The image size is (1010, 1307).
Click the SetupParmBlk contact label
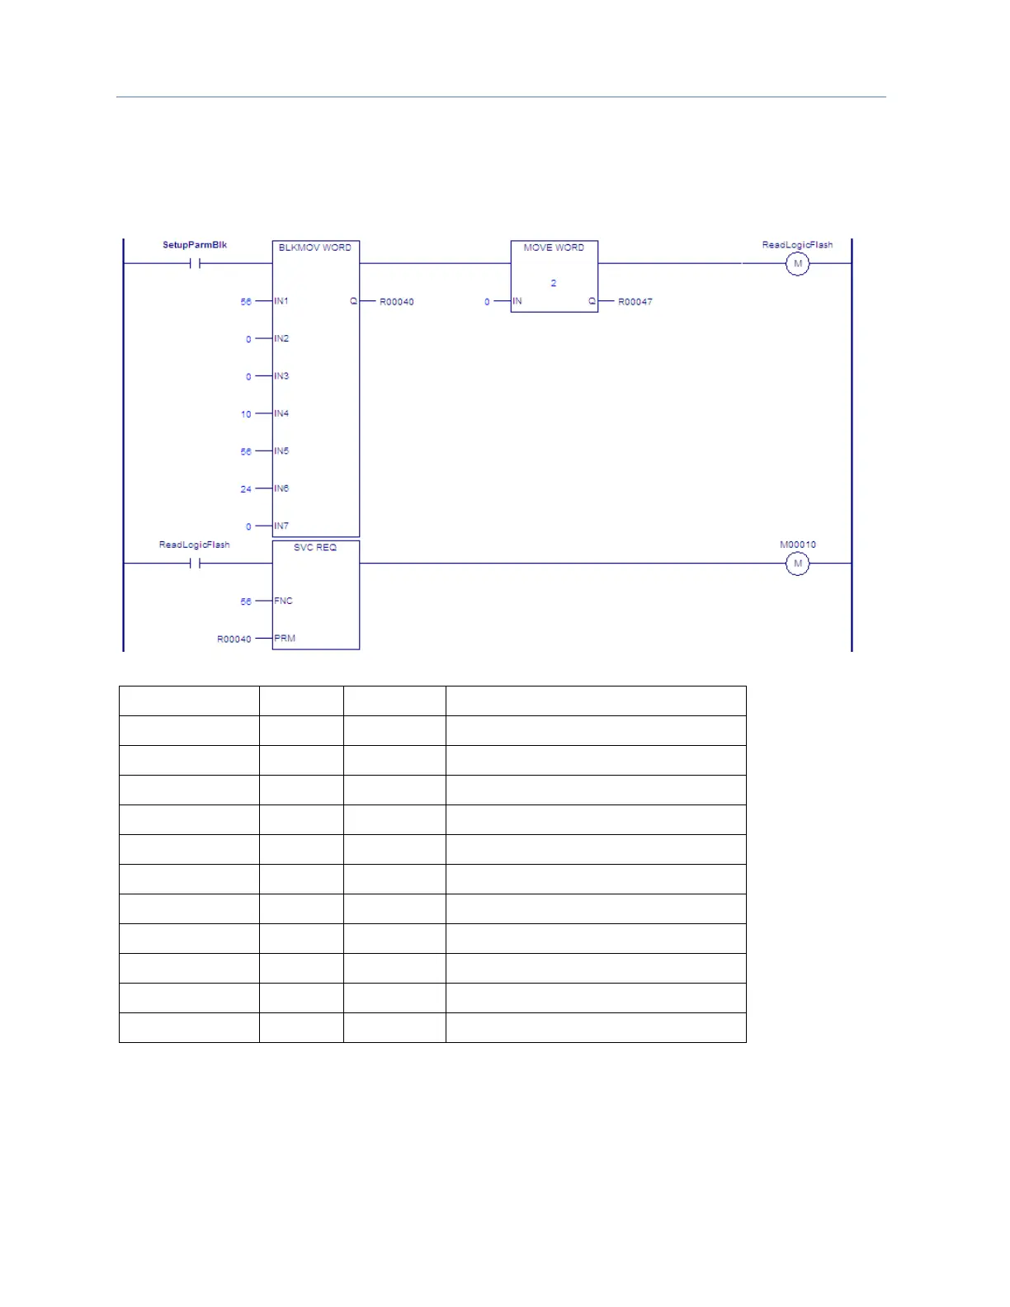(x=195, y=245)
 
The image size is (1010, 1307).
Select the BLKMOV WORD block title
(x=315, y=248)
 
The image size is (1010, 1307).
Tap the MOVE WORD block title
(x=554, y=248)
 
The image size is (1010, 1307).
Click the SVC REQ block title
(x=315, y=548)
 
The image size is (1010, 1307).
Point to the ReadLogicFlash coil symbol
(x=797, y=264)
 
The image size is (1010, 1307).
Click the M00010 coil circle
(x=797, y=564)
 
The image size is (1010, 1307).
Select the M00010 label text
(x=797, y=545)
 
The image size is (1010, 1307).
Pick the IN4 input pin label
(x=281, y=413)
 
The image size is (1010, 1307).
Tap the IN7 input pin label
(x=281, y=526)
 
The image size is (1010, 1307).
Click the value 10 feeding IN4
(x=246, y=414)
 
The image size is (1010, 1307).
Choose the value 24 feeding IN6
(x=246, y=489)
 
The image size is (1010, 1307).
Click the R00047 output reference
(x=635, y=302)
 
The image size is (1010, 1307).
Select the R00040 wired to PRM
(x=234, y=639)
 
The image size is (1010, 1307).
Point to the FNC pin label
(x=283, y=601)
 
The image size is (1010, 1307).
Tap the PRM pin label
(x=285, y=639)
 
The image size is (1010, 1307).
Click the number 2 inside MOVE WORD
(x=554, y=283)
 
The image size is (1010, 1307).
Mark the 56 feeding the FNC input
(x=246, y=602)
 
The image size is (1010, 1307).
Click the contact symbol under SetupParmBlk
(x=195, y=264)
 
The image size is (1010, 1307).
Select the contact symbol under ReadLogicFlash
(x=195, y=564)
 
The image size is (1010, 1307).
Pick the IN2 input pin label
(x=281, y=338)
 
